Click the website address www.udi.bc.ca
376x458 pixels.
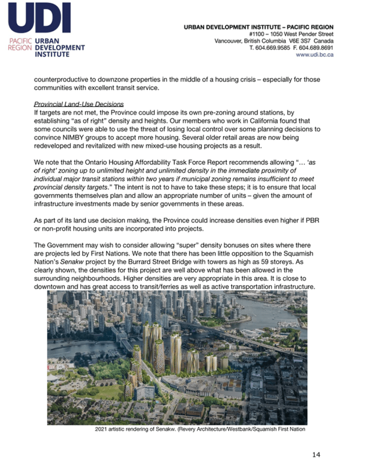click(x=315, y=55)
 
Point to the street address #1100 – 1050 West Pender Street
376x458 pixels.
click(x=291, y=34)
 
